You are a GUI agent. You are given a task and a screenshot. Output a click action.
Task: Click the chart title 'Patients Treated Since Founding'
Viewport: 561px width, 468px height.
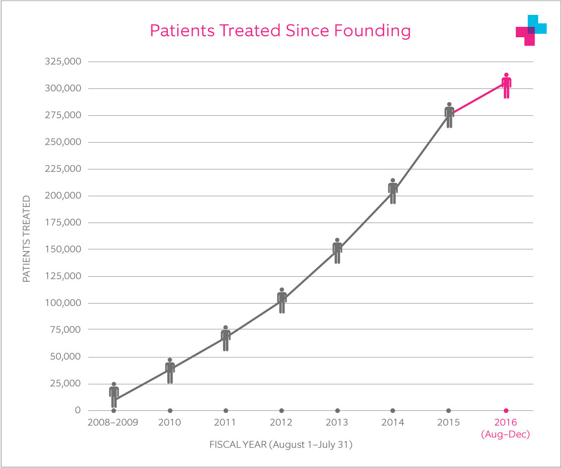[x=280, y=31]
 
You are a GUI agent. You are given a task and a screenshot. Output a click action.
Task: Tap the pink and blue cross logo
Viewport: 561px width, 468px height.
[x=531, y=30]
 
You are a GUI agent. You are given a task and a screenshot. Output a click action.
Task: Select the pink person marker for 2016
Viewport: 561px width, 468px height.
[x=506, y=86]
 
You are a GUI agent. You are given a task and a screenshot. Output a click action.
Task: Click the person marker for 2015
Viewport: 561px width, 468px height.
[x=449, y=115]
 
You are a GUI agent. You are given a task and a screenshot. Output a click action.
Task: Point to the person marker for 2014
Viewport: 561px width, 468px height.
[x=393, y=191]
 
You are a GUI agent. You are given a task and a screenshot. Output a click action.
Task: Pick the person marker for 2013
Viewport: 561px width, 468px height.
[x=337, y=251]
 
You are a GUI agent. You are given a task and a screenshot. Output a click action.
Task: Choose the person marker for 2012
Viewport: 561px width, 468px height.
[x=281, y=301]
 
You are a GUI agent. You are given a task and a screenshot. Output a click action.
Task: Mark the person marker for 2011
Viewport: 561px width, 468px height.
[x=225, y=339]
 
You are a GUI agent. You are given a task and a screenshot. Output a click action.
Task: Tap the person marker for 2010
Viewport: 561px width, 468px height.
[x=170, y=371]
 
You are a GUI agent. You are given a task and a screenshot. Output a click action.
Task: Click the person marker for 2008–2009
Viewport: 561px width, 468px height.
[x=114, y=395]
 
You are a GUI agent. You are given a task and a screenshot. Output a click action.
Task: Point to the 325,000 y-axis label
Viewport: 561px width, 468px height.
[x=63, y=62]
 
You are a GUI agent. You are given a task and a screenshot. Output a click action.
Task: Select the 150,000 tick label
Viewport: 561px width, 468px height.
[x=63, y=249]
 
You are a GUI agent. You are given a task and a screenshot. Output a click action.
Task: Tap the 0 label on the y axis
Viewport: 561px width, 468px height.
[x=77, y=410]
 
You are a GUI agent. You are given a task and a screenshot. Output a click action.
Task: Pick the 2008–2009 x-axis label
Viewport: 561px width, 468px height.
[x=113, y=423]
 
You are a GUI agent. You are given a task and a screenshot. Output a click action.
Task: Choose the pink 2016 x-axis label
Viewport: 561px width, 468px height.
[x=506, y=423]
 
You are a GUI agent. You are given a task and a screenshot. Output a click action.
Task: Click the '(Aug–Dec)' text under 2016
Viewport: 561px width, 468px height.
[x=506, y=435]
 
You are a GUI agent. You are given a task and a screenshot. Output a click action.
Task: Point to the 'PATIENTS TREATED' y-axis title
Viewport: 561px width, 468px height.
[x=26, y=239]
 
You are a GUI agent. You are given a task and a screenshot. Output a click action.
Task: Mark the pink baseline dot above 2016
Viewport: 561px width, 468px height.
[x=506, y=410]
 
